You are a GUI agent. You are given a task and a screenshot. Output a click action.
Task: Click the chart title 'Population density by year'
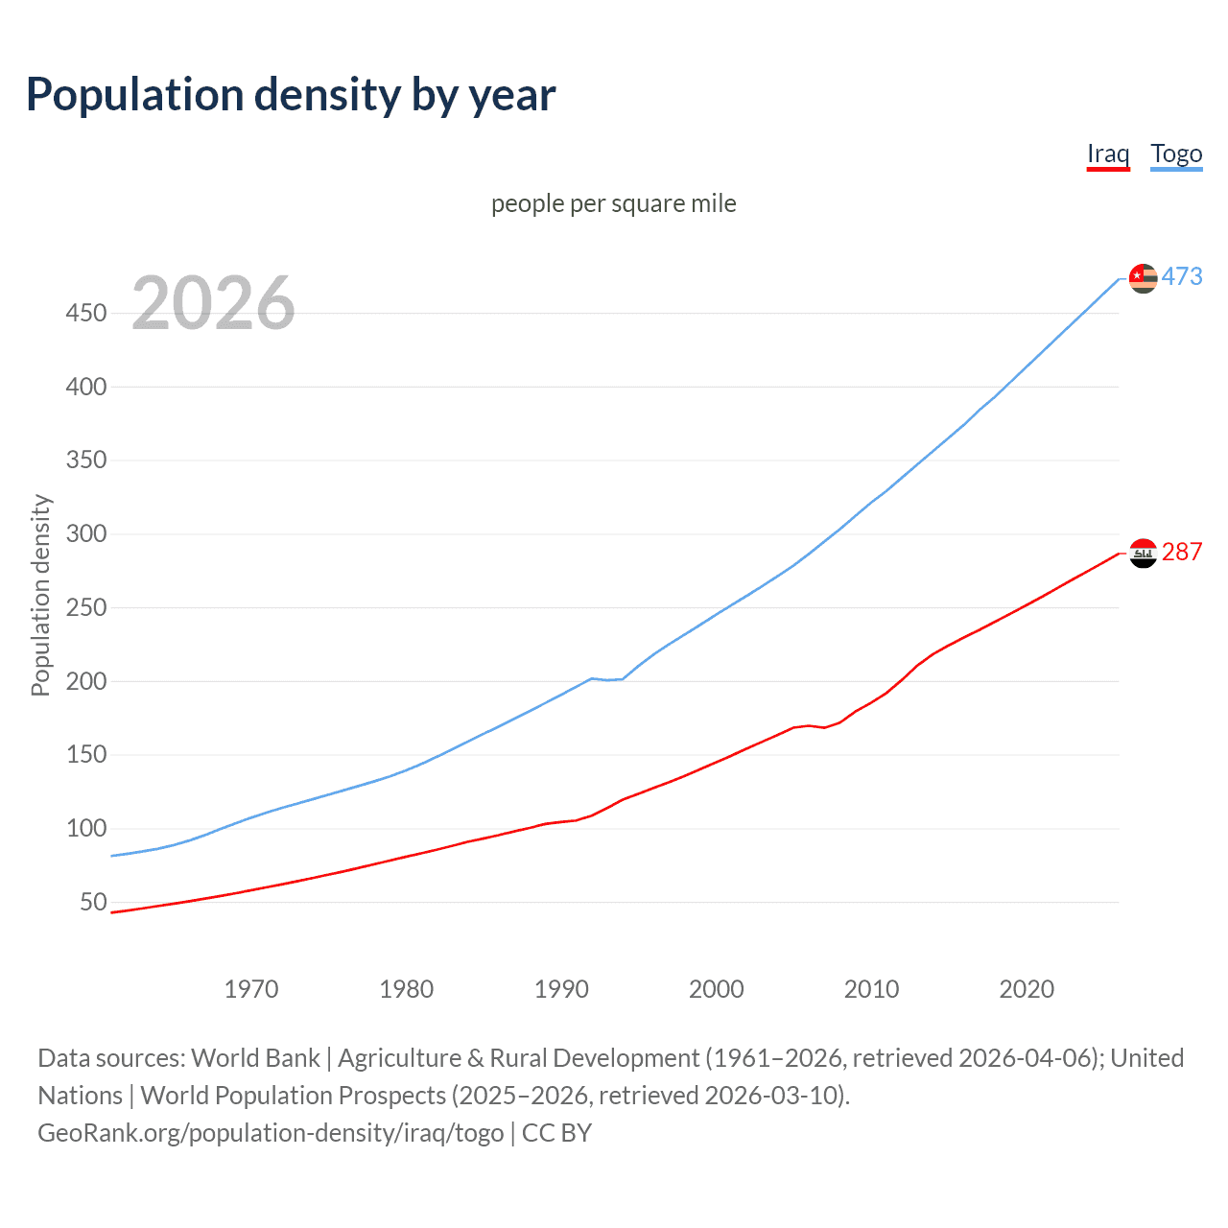click(x=291, y=95)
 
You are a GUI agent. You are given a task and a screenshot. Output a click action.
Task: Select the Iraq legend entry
click(x=1108, y=153)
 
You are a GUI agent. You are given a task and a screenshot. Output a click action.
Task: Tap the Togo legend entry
click(x=1176, y=153)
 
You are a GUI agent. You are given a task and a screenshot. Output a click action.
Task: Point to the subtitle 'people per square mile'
click(x=614, y=203)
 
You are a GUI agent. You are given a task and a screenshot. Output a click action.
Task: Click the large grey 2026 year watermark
click(x=213, y=303)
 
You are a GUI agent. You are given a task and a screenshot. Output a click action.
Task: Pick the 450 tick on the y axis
click(x=86, y=313)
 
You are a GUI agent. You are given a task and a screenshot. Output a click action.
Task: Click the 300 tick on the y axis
click(x=86, y=533)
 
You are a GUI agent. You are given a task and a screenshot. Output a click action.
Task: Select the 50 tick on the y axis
click(x=93, y=902)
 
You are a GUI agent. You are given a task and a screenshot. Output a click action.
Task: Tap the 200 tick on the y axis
click(x=86, y=681)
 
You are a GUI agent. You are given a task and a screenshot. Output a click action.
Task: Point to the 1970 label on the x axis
click(x=251, y=989)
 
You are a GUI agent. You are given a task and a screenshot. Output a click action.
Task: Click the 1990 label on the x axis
click(x=561, y=989)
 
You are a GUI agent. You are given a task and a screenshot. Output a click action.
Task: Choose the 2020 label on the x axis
click(x=1027, y=989)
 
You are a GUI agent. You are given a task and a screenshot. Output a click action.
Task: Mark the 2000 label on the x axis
click(x=717, y=989)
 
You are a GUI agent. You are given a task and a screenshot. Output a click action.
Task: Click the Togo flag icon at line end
click(x=1143, y=278)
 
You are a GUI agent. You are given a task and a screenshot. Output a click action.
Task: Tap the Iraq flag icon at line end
click(x=1143, y=554)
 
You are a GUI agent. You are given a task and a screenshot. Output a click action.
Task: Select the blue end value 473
click(x=1182, y=276)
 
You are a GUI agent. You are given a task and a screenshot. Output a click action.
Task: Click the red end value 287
click(x=1182, y=552)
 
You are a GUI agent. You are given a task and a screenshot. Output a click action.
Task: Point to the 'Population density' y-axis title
click(x=40, y=595)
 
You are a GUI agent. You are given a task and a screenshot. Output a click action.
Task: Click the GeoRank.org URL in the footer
click(x=271, y=1133)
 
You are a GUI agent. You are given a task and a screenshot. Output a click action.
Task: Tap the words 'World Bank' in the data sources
click(x=255, y=1058)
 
